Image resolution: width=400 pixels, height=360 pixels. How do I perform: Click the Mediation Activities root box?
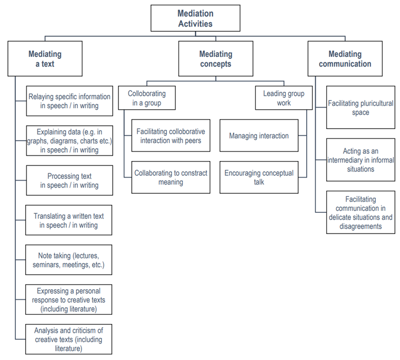195,18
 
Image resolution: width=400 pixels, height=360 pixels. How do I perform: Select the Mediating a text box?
45,59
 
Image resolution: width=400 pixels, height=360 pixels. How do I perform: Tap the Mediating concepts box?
215,59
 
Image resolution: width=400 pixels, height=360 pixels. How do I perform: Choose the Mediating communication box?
345,59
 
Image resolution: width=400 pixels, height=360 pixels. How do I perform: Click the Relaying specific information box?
69,101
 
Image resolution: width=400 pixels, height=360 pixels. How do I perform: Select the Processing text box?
69,181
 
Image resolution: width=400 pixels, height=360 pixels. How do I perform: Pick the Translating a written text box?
69,221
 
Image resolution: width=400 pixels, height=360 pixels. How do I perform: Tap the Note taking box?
69,260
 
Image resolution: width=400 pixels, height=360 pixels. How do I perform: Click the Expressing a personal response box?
69,299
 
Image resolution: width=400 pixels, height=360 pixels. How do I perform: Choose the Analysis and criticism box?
69,339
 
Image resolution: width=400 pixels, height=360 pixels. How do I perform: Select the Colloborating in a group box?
147,98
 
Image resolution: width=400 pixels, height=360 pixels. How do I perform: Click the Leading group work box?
284,98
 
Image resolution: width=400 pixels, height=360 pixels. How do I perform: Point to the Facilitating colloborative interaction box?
171,136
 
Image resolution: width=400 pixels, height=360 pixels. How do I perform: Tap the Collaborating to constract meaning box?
171,177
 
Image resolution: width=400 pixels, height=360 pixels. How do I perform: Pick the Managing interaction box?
259,136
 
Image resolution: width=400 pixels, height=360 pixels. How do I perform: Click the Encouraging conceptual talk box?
259,177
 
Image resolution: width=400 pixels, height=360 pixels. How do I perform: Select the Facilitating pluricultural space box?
361,108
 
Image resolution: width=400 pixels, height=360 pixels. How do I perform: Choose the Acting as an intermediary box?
361,159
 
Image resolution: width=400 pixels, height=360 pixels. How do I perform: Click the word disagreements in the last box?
361,226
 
